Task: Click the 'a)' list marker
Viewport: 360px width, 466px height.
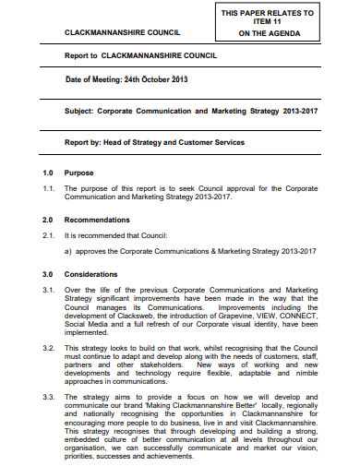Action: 68,251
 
